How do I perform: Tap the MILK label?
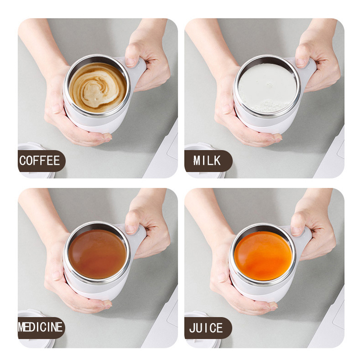pos(207,161)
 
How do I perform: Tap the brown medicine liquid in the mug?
pos(97,253)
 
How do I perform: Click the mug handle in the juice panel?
pos(306,236)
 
